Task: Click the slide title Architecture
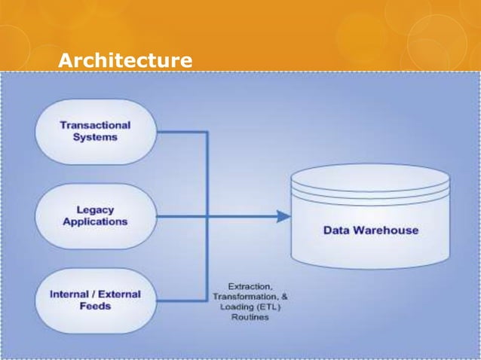[x=125, y=59]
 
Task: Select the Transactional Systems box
[x=95, y=132]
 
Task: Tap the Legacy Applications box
[x=95, y=216]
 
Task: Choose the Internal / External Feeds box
[x=95, y=300]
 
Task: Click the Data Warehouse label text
[x=370, y=230]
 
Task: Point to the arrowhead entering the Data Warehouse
[x=283, y=217]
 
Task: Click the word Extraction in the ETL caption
[x=251, y=286]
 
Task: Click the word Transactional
[x=95, y=126]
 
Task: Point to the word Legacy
[x=95, y=210]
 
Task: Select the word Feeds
[x=95, y=306]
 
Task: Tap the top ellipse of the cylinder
[x=370, y=178]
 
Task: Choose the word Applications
[x=95, y=222]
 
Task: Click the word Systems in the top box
[x=95, y=138]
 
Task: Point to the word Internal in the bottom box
[x=69, y=294]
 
